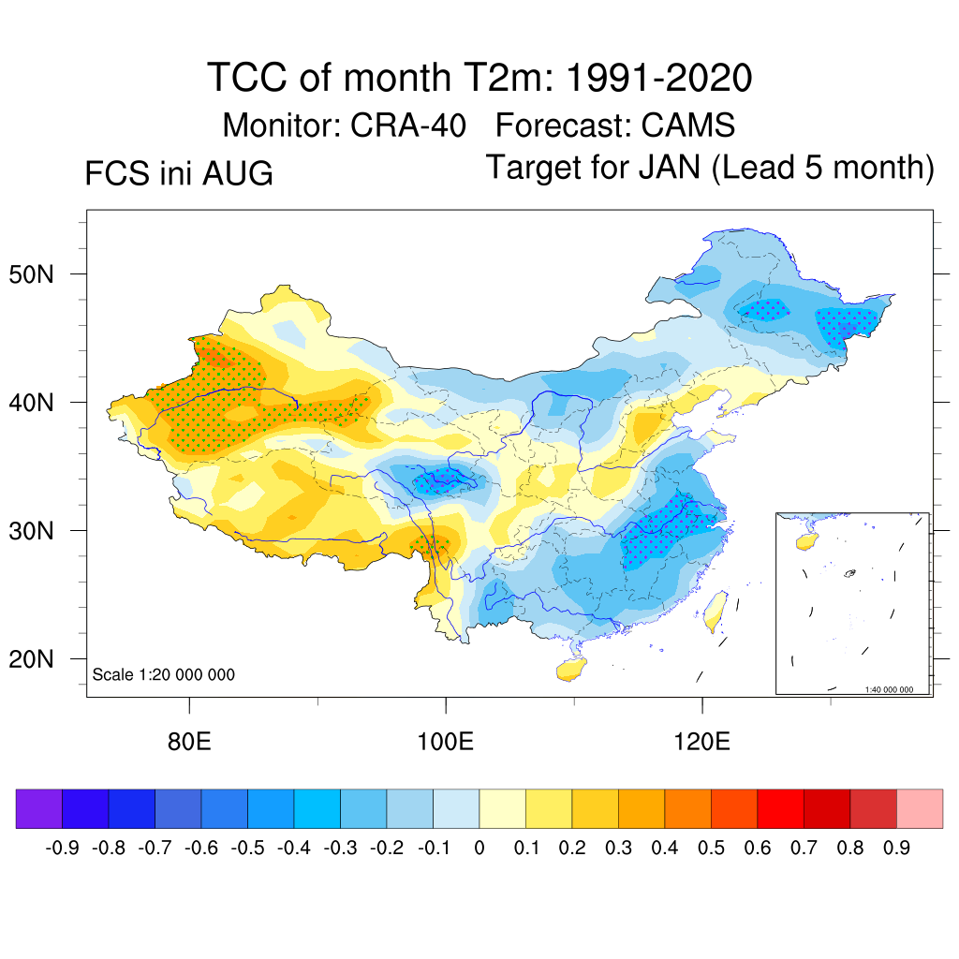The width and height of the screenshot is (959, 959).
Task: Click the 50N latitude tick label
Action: [x=31, y=274]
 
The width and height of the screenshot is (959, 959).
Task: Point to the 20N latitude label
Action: [x=31, y=659]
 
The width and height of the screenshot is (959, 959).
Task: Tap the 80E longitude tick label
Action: [x=189, y=742]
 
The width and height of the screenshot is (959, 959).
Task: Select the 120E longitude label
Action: [x=702, y=742]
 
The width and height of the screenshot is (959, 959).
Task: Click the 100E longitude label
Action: [x=445, y=742]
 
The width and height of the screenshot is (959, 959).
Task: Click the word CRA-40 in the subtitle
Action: [x=408, y=125]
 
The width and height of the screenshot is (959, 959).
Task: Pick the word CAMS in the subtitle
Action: [x=688, y=125]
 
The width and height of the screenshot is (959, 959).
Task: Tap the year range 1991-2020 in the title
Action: [x=658, y=78]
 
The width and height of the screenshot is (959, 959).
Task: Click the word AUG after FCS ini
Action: [x=237, y=173]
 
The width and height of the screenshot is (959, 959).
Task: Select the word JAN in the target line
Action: [x=670, y=167]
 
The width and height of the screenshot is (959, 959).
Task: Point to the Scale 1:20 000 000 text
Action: [x=163, y=674]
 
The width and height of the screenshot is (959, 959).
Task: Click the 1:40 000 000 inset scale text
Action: [x=889, y=689]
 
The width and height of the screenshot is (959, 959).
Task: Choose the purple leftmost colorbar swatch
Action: [x=39, y=808]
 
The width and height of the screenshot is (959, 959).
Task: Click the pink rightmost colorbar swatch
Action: [x=920, y=808]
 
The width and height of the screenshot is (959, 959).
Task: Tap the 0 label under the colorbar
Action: [x=479, y=848]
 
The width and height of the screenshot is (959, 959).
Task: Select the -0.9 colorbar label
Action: [x=63, y=848]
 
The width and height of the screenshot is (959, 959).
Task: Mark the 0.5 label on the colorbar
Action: [x=712, y=848]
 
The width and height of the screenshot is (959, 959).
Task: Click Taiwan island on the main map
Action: [x=715, y=611]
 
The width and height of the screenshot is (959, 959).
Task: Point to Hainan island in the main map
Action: [x=571, y=669]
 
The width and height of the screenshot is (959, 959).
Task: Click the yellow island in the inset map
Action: [x=806, y=541]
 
